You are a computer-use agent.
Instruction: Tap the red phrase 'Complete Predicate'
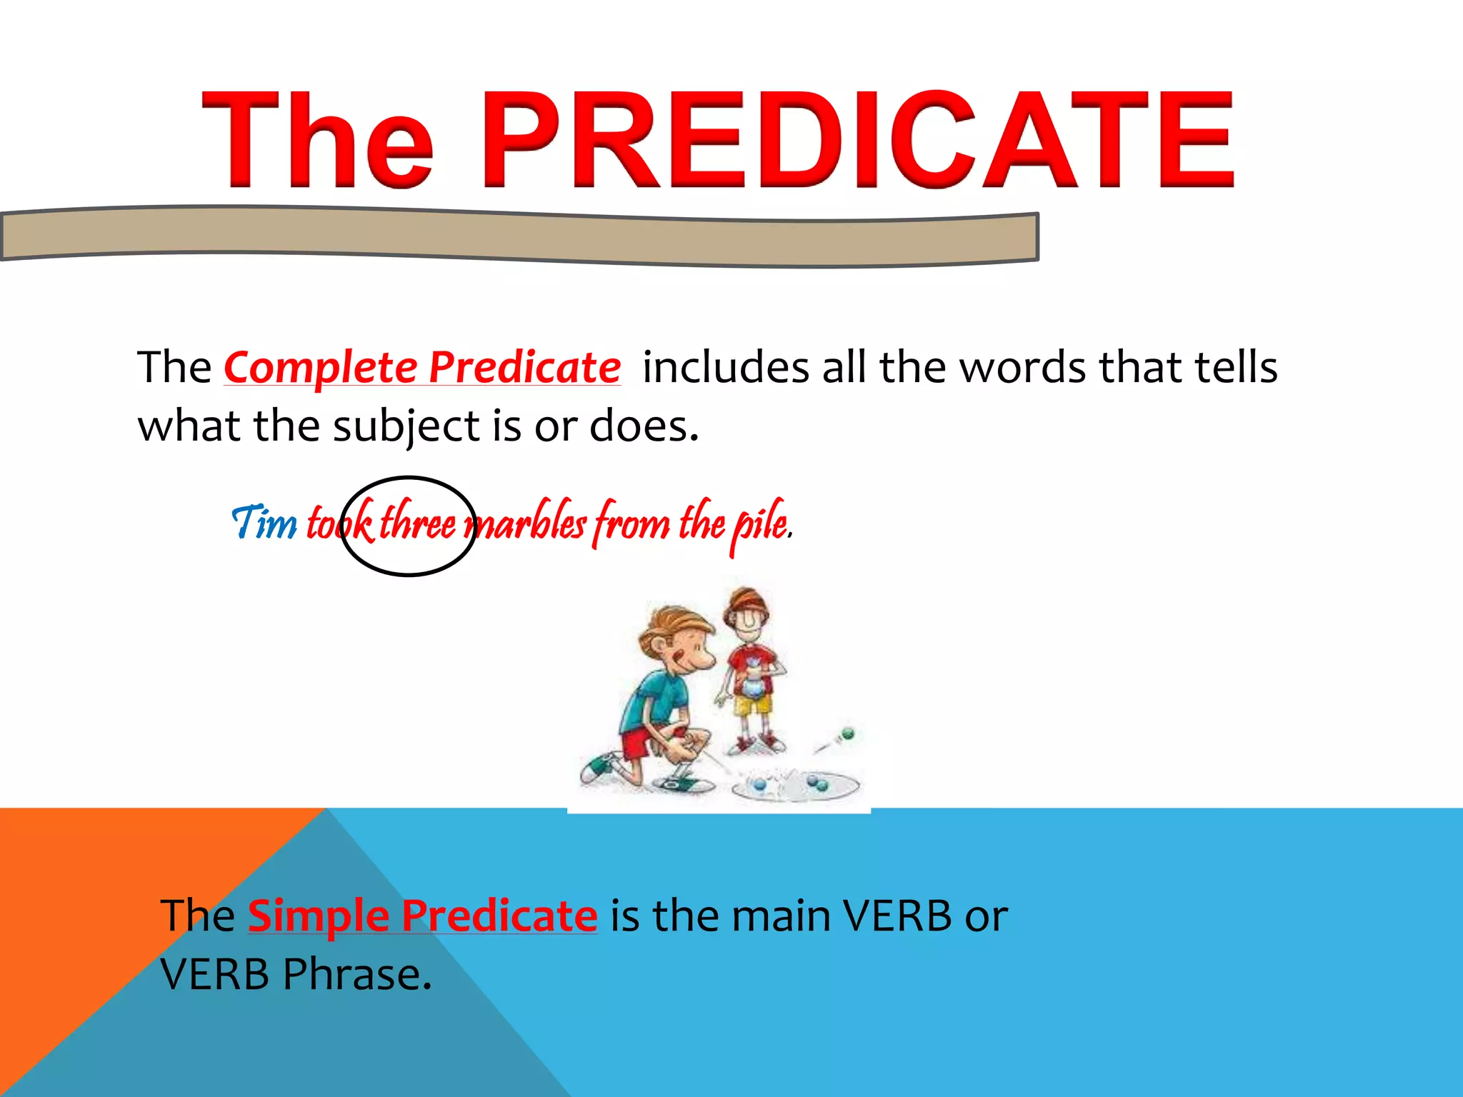pos(421,368)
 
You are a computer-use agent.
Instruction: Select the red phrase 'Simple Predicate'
pos(422,916)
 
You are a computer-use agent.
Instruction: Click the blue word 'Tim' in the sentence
pos(264,522)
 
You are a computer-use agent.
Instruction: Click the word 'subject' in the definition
pos(408,427)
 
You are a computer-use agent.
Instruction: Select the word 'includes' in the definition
pos(725,368)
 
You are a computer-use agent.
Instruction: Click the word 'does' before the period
pos(639,427)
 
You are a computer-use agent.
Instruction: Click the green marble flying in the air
pos(848,733)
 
